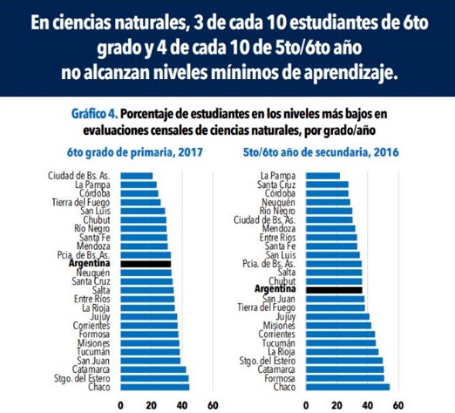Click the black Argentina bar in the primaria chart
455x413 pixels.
tap(146, 264)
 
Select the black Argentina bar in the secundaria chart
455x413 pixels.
tap(334, 290)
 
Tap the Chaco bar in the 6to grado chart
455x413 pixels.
tap(155, 387)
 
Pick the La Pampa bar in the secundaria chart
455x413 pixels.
tap(323, 176)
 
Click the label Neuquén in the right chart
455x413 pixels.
tap(278, 202)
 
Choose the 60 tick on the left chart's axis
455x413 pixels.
tap(213, 403)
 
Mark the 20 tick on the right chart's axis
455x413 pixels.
tap(337, 403)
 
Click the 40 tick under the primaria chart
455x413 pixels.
tap(183, 403)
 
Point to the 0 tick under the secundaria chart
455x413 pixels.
tap(307, 403)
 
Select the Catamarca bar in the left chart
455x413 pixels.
tap(153, 369)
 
